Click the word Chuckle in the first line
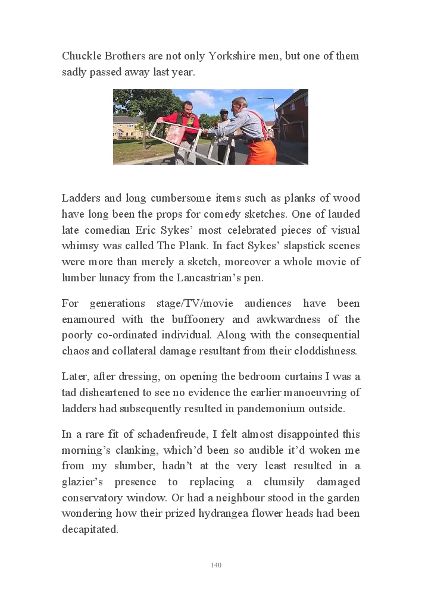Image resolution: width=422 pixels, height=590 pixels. tap(82, 56)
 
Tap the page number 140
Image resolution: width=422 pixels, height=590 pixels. tap(216, 565)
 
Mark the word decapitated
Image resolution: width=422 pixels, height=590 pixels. tap(90, 529)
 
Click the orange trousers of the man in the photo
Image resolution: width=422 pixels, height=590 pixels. tap(261, 151)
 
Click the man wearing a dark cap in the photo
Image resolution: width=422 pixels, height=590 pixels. tap(224, 119)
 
